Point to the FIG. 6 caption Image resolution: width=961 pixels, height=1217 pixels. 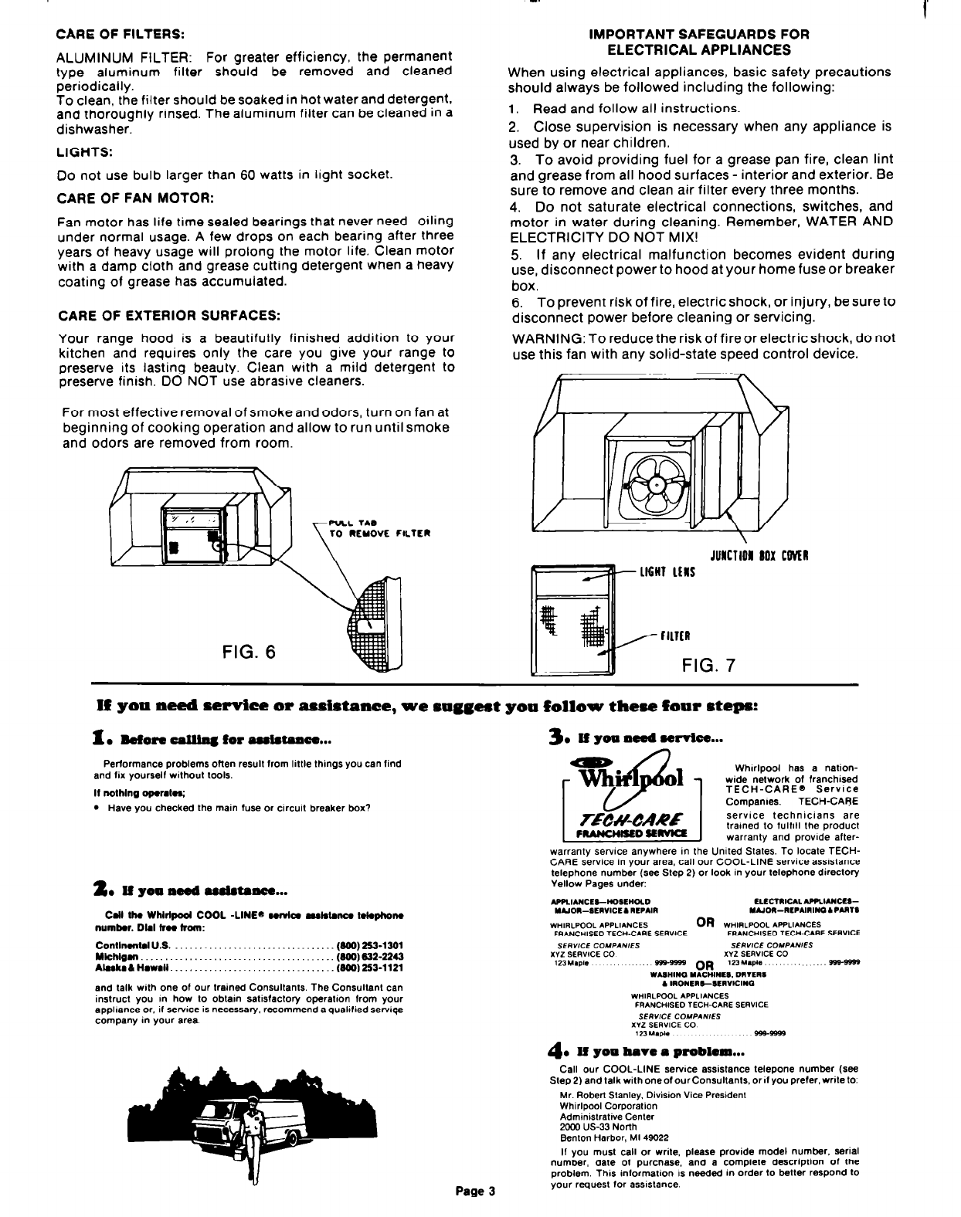pyautogui.click(x=248, y=652)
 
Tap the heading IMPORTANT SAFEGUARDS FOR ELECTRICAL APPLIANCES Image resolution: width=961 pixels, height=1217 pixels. pyautogui.click(x=699, y=42)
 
